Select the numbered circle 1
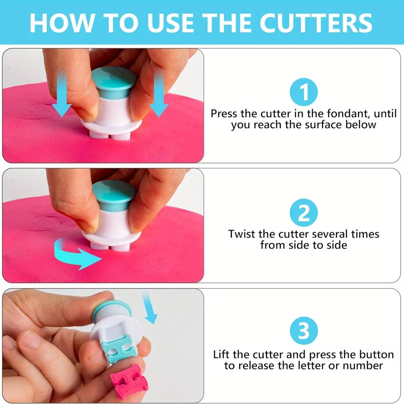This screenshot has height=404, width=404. tap(304, 92)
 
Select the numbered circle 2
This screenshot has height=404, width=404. tap(304, 213)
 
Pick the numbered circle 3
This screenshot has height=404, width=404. tap(304, 330)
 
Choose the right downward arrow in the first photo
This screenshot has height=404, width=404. tap(159, 93)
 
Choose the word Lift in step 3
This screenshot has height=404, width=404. tap(222, 354)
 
